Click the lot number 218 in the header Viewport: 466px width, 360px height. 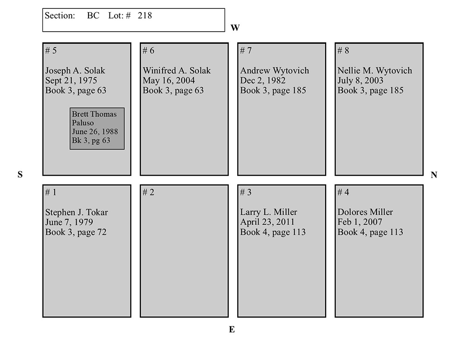(145, 16)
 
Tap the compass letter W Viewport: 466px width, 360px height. (235, 28)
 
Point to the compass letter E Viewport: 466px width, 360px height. (232, 330)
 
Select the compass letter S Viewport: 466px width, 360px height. (20, 175)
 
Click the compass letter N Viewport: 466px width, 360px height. (434, 175)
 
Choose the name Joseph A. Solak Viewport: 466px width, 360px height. (75, 71)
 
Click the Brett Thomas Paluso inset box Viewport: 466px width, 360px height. (97, 129)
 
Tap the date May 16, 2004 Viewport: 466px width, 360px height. (169, 81)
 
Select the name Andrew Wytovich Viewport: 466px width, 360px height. (274, 71)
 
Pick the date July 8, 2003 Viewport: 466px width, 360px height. (360, 81)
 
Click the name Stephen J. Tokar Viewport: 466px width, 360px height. (76, 212)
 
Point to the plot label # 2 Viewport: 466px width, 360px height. (148, 192)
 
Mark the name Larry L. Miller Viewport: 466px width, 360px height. (268, 212)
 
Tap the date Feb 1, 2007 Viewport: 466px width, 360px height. (360, 222)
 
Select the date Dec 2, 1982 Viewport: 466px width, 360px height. (263, 81)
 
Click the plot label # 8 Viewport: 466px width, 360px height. (343, 51)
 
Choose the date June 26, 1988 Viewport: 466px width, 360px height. (95, 132)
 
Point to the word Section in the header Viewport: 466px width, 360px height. (60, 16)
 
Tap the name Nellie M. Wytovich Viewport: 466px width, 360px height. (375, 71)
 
